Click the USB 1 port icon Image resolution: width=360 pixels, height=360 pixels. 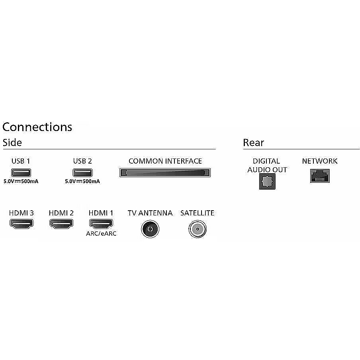(x=21, y=172)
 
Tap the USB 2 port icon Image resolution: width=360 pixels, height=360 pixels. (x=82, y=172)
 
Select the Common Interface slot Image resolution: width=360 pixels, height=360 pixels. (x=165, y=173)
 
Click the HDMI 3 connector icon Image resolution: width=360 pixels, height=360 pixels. (x=22, y=224)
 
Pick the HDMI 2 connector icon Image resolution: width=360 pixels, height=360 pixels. (x=61, y=224)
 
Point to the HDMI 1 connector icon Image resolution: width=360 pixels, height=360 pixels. (x=101, y=224)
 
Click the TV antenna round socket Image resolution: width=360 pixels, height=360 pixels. (x=150, y=229)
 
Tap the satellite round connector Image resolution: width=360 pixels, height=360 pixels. (x=198, y=229)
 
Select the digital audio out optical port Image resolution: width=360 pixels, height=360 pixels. (x=267, y=181)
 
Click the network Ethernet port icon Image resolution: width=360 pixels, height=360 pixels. (x=320, y=176)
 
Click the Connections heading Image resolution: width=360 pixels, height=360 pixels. (x=37, y=127)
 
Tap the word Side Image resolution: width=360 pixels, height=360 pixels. (x=12, y=143)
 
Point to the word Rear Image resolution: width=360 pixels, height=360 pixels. (x=253, y=143)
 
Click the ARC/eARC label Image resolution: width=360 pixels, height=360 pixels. (x=101, y=233)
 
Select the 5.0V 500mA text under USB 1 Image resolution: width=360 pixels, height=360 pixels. (x=21, y=181)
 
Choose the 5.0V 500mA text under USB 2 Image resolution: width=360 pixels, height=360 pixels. (x=82, y=181)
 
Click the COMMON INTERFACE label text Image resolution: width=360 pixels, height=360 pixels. (x=165, y=161)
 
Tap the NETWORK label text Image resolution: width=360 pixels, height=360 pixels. (x=320, y=161)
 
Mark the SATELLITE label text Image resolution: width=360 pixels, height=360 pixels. (x=198, y=213)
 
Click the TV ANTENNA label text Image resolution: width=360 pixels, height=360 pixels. (x=150, y=213)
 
